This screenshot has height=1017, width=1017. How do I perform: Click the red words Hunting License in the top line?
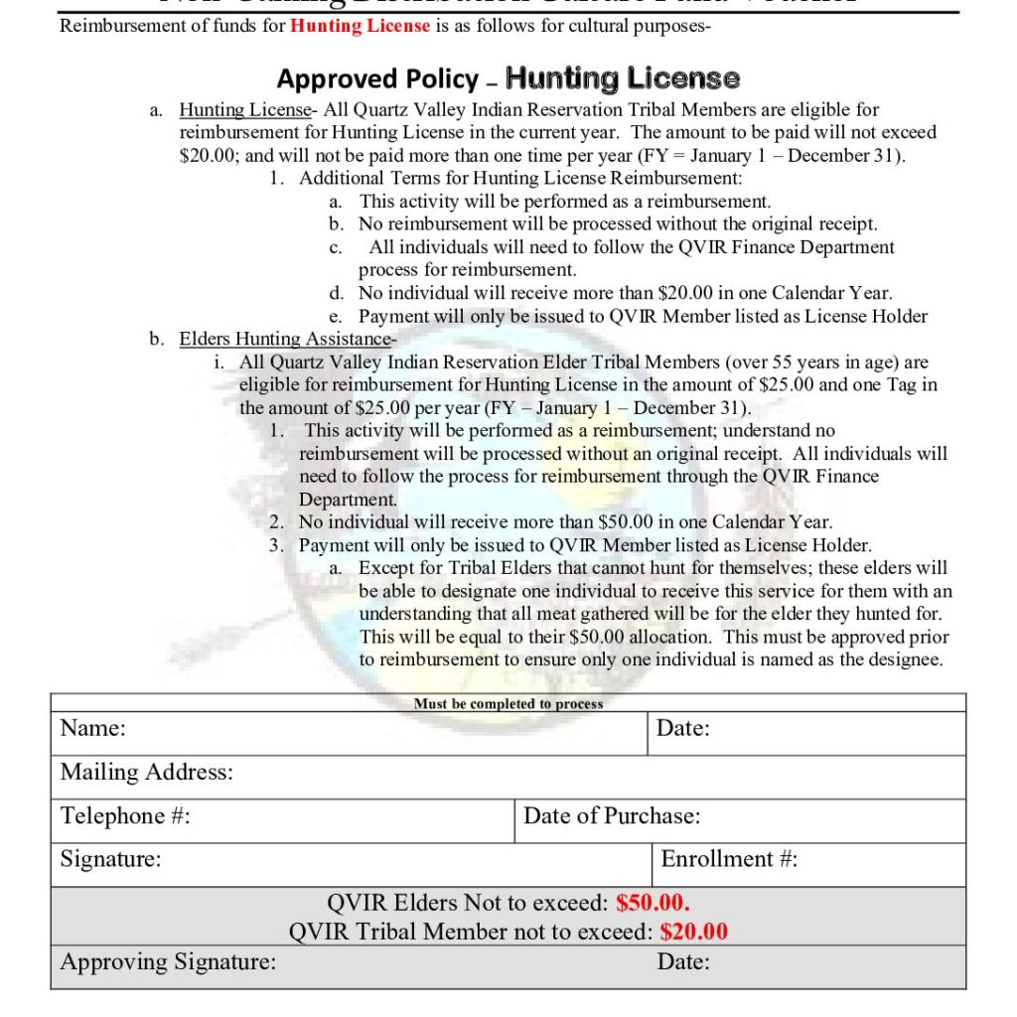click(360, 26)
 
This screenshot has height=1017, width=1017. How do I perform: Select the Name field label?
click(92, 728)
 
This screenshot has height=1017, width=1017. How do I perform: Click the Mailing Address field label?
click(146, 772)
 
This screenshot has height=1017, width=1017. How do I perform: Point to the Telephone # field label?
click(125, 815)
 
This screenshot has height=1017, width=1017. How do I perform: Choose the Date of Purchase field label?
click(612, 815)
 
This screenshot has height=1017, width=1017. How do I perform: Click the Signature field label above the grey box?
click(110, 859)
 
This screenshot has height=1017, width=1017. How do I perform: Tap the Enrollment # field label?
click(729, 859)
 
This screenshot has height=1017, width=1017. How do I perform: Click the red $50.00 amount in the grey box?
click(653, 903)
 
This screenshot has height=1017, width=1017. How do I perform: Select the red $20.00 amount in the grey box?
click(694, 932)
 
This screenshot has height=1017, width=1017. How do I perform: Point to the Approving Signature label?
click(168, 961)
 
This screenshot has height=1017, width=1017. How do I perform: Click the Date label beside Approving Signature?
click(683, 961)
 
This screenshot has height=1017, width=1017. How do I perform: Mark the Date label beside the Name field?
click(683, 728)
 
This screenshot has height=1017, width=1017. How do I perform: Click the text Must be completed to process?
click(508, 703)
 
